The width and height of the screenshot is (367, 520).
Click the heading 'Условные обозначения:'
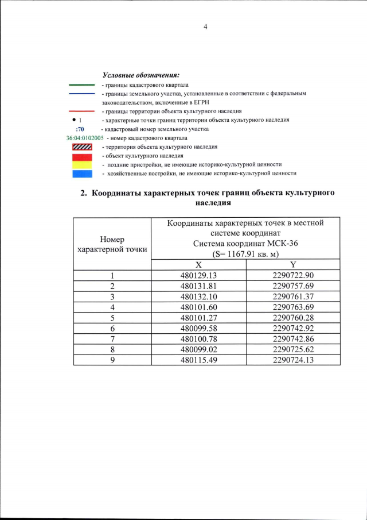click(140, 75)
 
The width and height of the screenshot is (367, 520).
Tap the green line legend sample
click(81, 84)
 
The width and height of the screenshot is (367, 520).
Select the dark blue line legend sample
click(81, 93)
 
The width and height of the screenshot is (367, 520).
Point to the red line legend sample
click(81, 111)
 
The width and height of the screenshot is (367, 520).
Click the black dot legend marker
click(75, 120)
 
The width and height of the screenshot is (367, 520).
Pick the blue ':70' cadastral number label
click(80, 129)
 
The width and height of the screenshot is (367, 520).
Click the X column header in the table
click(198, 264)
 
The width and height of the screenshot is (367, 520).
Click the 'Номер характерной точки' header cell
click(112, 244)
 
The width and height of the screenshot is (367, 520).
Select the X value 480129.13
click(198, 275)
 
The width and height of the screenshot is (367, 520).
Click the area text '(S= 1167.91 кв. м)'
click(245, 253)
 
